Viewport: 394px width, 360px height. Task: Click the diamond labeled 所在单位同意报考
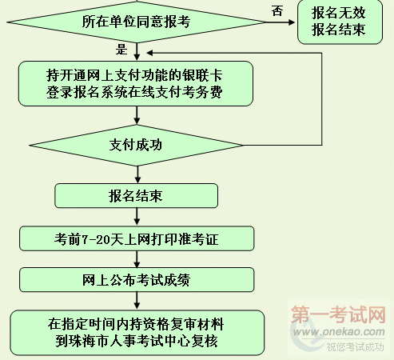(137, 22)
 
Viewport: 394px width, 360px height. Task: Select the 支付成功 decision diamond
(137, 146)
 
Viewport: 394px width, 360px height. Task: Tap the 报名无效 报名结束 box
(340, 22)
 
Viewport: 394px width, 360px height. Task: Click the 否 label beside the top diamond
(277, 11)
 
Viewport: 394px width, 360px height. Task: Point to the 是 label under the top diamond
(121, 50)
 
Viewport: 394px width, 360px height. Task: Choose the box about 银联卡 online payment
(136, 84)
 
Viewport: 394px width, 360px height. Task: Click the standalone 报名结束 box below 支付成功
(136, 196)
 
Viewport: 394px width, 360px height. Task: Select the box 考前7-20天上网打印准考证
(137, 238)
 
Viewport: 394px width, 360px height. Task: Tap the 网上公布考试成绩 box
(137, 280)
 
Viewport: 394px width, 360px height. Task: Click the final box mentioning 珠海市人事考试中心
(137, 333)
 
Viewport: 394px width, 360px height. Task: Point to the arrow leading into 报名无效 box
(281, 22)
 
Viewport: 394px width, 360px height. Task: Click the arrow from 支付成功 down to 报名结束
(137, 174)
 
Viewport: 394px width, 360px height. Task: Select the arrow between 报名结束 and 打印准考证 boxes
(137, 217)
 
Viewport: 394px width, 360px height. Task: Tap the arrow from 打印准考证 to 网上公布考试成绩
(137, 259)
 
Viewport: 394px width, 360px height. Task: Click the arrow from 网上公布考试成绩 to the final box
(137, 301)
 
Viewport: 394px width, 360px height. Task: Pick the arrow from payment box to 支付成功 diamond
(137, 115)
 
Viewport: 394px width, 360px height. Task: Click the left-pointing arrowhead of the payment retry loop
(149, 53)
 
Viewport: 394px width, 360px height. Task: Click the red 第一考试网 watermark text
(338, 314)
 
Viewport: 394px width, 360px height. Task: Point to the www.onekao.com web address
(339, 332)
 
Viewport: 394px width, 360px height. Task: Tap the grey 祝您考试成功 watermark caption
(356, 346)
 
